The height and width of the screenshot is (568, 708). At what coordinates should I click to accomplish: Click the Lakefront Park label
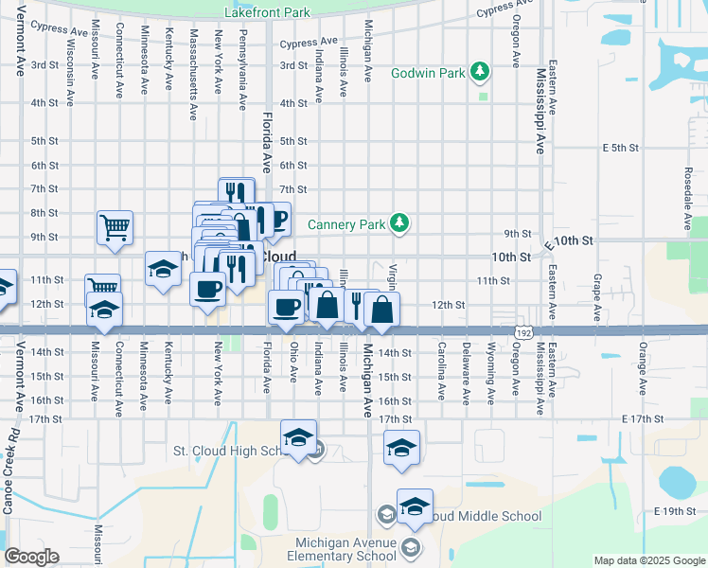coord(268,13)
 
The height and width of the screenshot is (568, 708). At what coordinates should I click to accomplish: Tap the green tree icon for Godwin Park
coord(482,72)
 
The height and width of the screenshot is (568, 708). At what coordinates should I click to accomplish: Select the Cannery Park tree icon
coord(400,223)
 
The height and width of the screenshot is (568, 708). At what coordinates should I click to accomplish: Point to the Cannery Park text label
coord(346,224)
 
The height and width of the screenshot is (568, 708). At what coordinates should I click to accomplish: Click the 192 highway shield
coord(523,333)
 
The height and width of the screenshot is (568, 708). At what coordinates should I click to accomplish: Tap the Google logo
coord(31,557)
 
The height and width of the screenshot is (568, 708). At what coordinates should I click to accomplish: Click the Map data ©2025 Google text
coord(648,560)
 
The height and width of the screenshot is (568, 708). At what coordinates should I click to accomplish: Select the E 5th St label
coord(621,149)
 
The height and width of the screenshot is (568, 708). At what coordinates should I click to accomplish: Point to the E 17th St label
coord(645,418)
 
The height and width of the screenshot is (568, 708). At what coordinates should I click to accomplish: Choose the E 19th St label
coord(673,511)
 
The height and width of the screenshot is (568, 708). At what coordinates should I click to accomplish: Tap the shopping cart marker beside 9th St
coord(115,226)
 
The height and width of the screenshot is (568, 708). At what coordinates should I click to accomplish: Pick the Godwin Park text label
coord(428,73)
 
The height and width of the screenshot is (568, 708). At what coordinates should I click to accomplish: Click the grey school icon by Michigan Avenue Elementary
coord(410,547)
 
